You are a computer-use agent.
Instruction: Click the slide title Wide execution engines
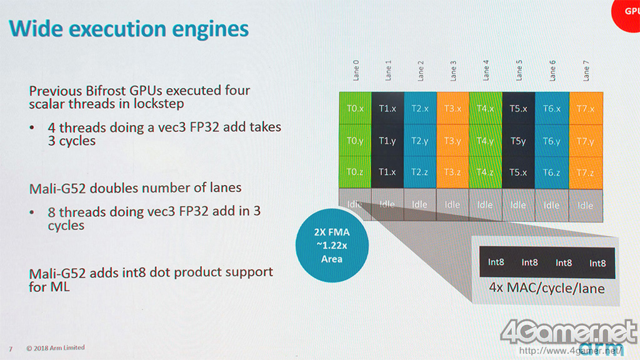[x=130, y=29]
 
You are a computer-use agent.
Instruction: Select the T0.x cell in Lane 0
[x=355, y=108]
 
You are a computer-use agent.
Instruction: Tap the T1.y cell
[x=387, y=141]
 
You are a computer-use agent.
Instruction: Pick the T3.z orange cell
[x=452, y=172]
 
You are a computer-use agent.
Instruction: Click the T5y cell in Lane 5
[x=518, y=141]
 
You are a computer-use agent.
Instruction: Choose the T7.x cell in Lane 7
[x=584, y=108]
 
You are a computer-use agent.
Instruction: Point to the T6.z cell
[x=551, y=172]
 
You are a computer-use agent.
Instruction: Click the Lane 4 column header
[x=486, y=70]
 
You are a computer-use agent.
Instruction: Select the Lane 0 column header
[x=356, y=70]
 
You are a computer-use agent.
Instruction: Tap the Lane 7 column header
[x=586, y=70]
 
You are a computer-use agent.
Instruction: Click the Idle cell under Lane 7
[x=585, y=205]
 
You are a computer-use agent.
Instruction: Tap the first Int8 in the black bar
[x=496, y=262]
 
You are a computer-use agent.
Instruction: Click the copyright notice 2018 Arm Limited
[x=56, y=347]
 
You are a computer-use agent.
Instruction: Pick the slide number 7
[x=10, y=348]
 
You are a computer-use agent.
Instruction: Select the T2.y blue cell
[x=420, y=141]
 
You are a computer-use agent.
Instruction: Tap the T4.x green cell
[x=485, y=108]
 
